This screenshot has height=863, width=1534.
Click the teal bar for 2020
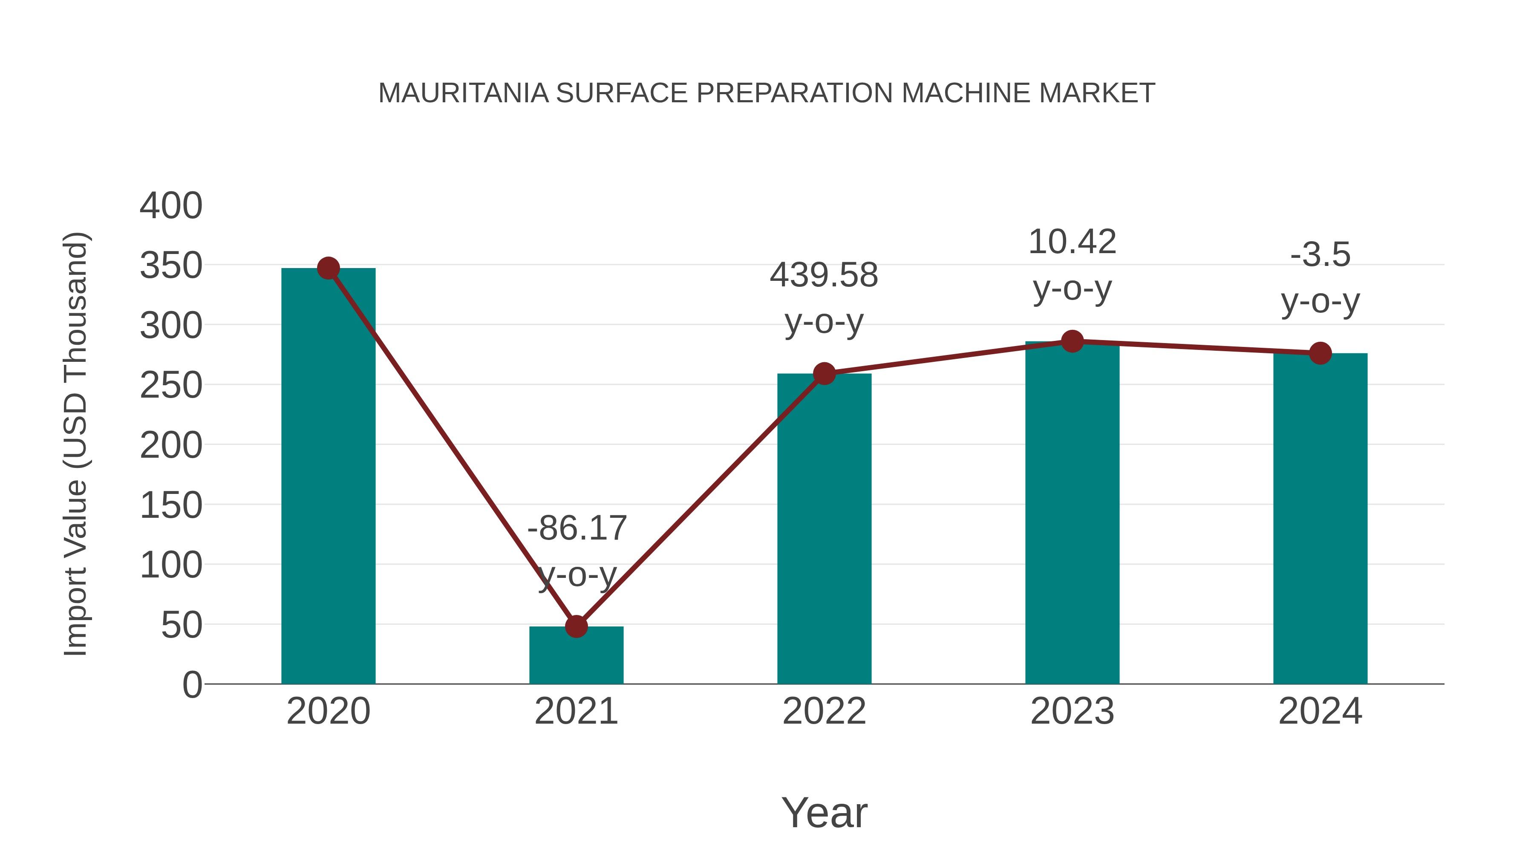(328, 476)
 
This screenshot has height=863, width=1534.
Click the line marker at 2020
(328, 268)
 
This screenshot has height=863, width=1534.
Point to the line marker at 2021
(576, 626)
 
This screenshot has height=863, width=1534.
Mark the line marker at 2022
(824, 374)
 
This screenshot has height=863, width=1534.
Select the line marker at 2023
(1072, 341)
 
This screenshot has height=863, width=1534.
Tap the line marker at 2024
(1320, 353)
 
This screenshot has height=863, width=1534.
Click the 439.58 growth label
(824, 276)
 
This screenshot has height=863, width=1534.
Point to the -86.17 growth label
(577, 528)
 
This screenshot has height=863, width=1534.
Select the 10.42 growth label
(1072, 242)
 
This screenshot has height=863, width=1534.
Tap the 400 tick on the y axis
(171, 206)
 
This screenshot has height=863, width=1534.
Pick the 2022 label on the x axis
(824, 711)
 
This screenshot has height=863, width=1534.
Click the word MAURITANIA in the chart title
(463, 93)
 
